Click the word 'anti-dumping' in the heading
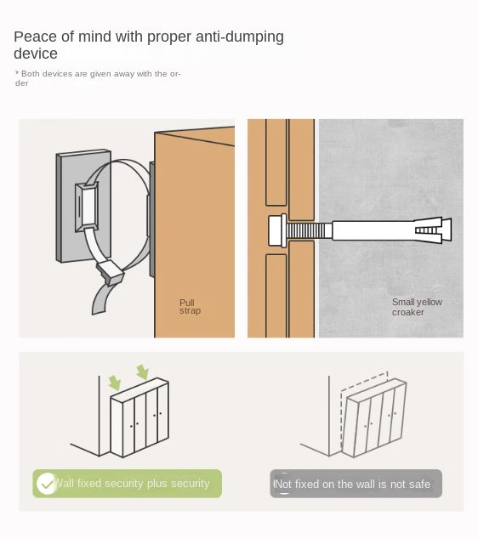pyautogui.click(x=240, y=37)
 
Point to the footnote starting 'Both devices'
pyautogui.click(x=98, y=78)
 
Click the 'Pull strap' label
pyautogui.click(x=190, y=307)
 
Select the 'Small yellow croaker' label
pyautogui.click(x=417, y=307)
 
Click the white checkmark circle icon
pyautogui.click(x=47, y=484)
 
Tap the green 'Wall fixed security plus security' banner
pyautogui.click(x=128, y=483)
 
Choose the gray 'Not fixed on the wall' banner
pyautogui.click(x=356, y=484)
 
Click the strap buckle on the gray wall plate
pyautogui.click(x=87, y=207)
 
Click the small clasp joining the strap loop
pyautogui.click(x=111, y=272)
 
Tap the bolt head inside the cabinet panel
pyautogui.click(x=277, y=230)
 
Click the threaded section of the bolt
pyautogui.click(x=309, y=230)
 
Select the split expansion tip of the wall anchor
pyautogui.click(x=433, y=230)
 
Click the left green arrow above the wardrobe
pyautogui.click(x=115, y=383)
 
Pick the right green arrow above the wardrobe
pyautogui.click(x=142, y=372)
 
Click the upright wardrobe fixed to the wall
pyautogui.click(x=139, y=417)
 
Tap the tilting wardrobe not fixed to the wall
pyautogui.click(x=375, y=418)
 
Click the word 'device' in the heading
pyautogui.click(x=36, y=54)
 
